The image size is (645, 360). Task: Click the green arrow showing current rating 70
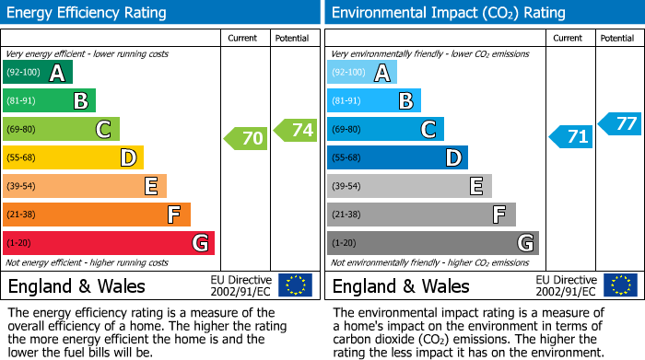pyautogui.click(x=246, y=139)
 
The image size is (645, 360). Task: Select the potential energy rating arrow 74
pyautogui.click(x=296, y=130)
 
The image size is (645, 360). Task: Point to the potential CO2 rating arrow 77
pyautogui.click(x=620, y=123)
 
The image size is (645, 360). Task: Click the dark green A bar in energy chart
pyautogui.click(x=38, y=73)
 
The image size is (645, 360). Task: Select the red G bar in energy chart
pyautogui.click(x=109, y=243)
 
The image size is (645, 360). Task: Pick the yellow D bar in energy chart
pyautogui.click(x=74, y=157)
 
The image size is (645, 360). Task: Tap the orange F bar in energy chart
pyautogui.click(x=97, y=215)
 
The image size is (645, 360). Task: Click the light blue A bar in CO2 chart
pyautogui.click(x=362, y=73)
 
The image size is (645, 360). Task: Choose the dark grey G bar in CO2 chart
pyautogui.click(x=432, y=243)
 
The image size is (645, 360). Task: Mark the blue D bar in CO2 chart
pyautogui.click(x=397, y=157)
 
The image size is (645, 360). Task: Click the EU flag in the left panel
pyautogui.click(x=296, y=285)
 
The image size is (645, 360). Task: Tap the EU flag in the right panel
pyautogui.click(x=620, y=285)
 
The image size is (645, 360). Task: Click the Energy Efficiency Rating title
pyautogui.click(x=88, y=13)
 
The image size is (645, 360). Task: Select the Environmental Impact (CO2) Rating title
pyautogui.click(x=448, y=13)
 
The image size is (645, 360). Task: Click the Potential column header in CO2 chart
pyautogui.click(x=617, y=38)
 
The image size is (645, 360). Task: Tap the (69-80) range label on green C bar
pyautogui.click(x=23, y=130)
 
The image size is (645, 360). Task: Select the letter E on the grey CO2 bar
pyautogui.click(x=475, y=186)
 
